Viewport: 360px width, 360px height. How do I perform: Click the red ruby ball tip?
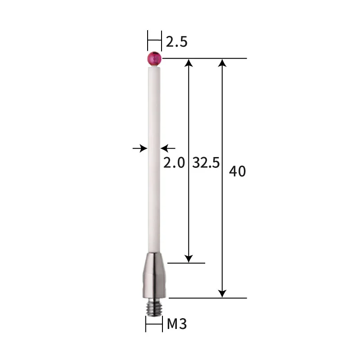(154, 59)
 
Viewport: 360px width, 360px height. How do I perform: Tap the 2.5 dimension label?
(176, 42)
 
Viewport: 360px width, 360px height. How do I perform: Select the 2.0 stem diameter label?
(174, 162)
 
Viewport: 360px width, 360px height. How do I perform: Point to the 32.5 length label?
(206, 162)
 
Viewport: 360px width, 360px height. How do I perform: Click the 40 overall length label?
(238, 171)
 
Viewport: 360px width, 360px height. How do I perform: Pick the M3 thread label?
(177, 324)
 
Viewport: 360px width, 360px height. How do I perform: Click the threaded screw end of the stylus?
(154, 307)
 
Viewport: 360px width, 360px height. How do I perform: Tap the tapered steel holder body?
(154, 275)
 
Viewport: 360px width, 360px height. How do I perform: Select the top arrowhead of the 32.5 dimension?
(189, 63)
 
